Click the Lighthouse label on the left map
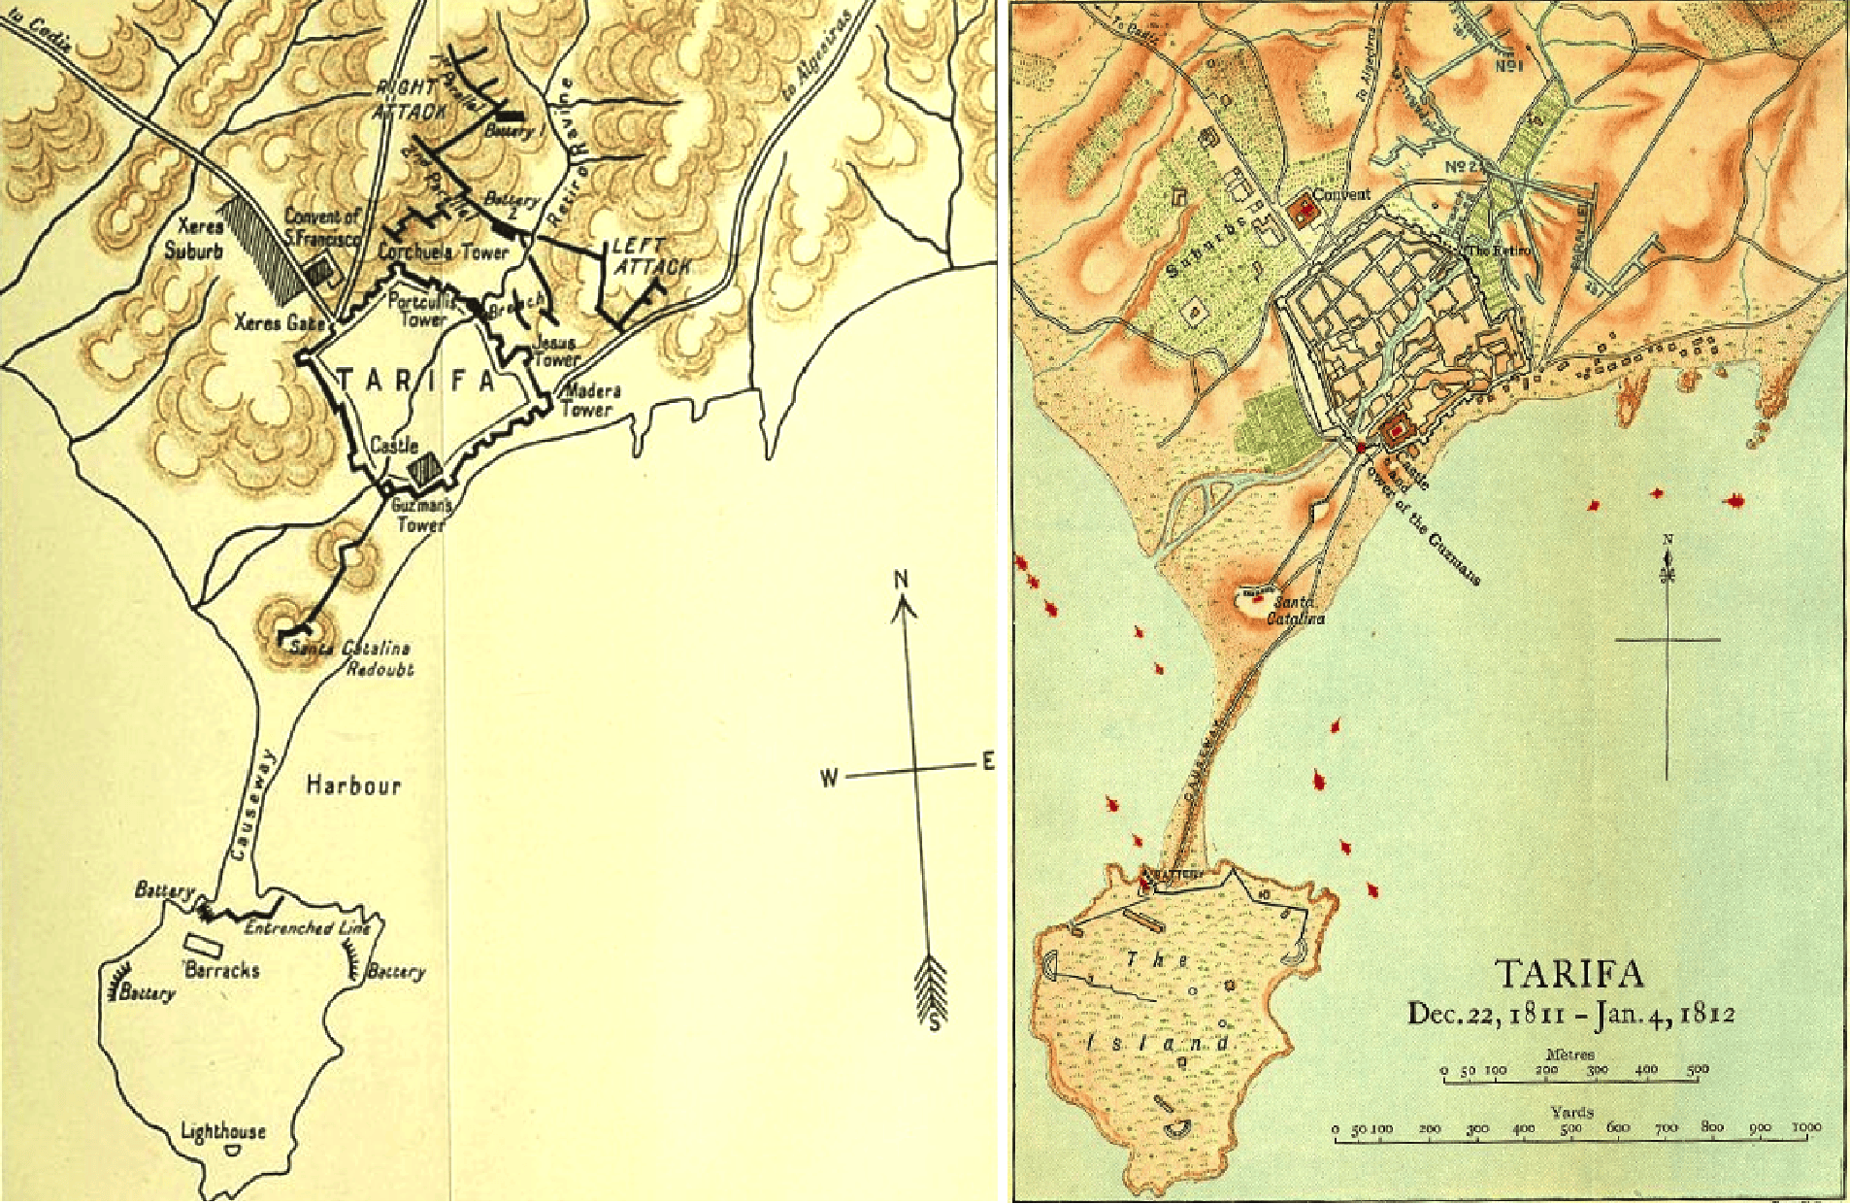tap(223, 1130)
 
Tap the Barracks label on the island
tap(222, 969)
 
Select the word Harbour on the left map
tap(353, 785)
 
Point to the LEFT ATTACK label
tap(651, 256)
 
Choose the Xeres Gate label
tap(279, 321)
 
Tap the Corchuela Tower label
tap(443, 252)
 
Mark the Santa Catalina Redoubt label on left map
tap(351, 658)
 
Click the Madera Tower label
tap(591, 400)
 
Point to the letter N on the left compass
tap(901, 581)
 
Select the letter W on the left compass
tap(829, 778)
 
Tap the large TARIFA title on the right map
tap(1569, 973)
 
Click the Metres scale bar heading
tap(1569, 1053)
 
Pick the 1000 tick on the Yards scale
tap(1806, 1128)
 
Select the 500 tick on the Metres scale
tap(1697, 1070)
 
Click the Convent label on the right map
tap(1341, 194)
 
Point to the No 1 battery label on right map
tap(1507, 66)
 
